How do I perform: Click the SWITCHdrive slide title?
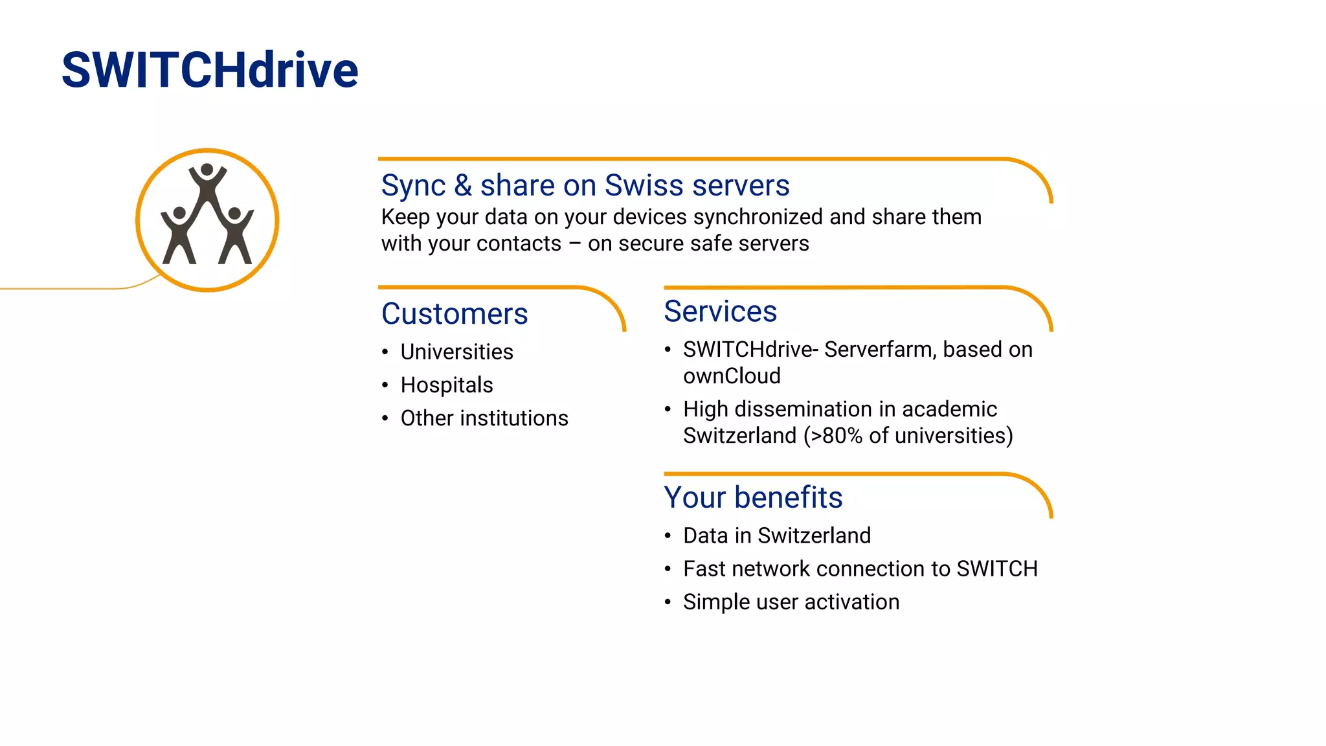coord(210,70)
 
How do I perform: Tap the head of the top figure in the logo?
coord(207,170)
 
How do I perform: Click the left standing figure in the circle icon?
coord(178,236)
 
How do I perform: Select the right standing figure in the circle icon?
coord(236,236)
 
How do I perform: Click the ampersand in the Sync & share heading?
coord(462,186)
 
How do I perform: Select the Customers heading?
coord(455,314)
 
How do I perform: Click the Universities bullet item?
coord(456,352)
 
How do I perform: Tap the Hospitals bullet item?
coord(447,385)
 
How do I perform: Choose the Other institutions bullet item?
coord(484,418)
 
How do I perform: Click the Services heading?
coord(720,311)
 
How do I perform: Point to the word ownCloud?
coord(732,376)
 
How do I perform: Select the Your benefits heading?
coord(753,497)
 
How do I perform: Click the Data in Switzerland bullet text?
coord(776,536)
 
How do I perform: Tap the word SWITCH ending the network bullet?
coord(997,569)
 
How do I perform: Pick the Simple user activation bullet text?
coord(791,602)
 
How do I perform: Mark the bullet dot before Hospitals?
coord(385,385)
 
